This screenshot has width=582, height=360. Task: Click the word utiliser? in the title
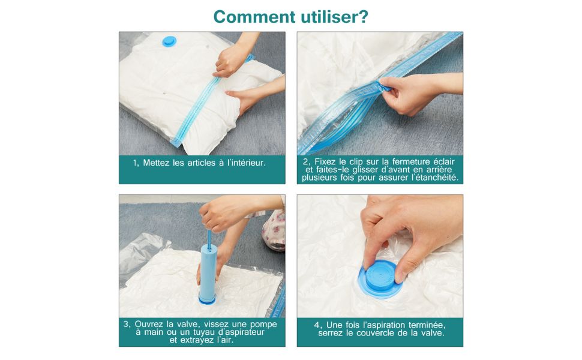(331, 16)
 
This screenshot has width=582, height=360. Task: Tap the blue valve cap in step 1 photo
(170, 41)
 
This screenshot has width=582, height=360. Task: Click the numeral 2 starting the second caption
(306, 162)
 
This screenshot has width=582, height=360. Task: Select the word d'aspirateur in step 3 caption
(238, 332)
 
